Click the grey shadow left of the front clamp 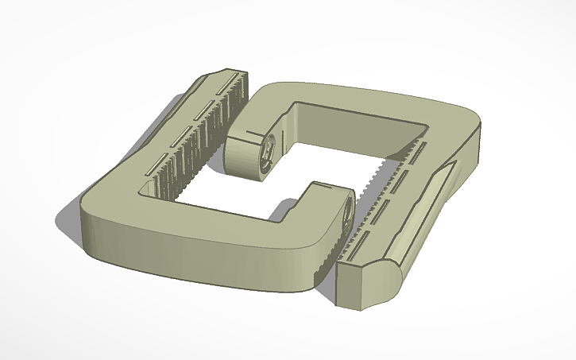[68, 226]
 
